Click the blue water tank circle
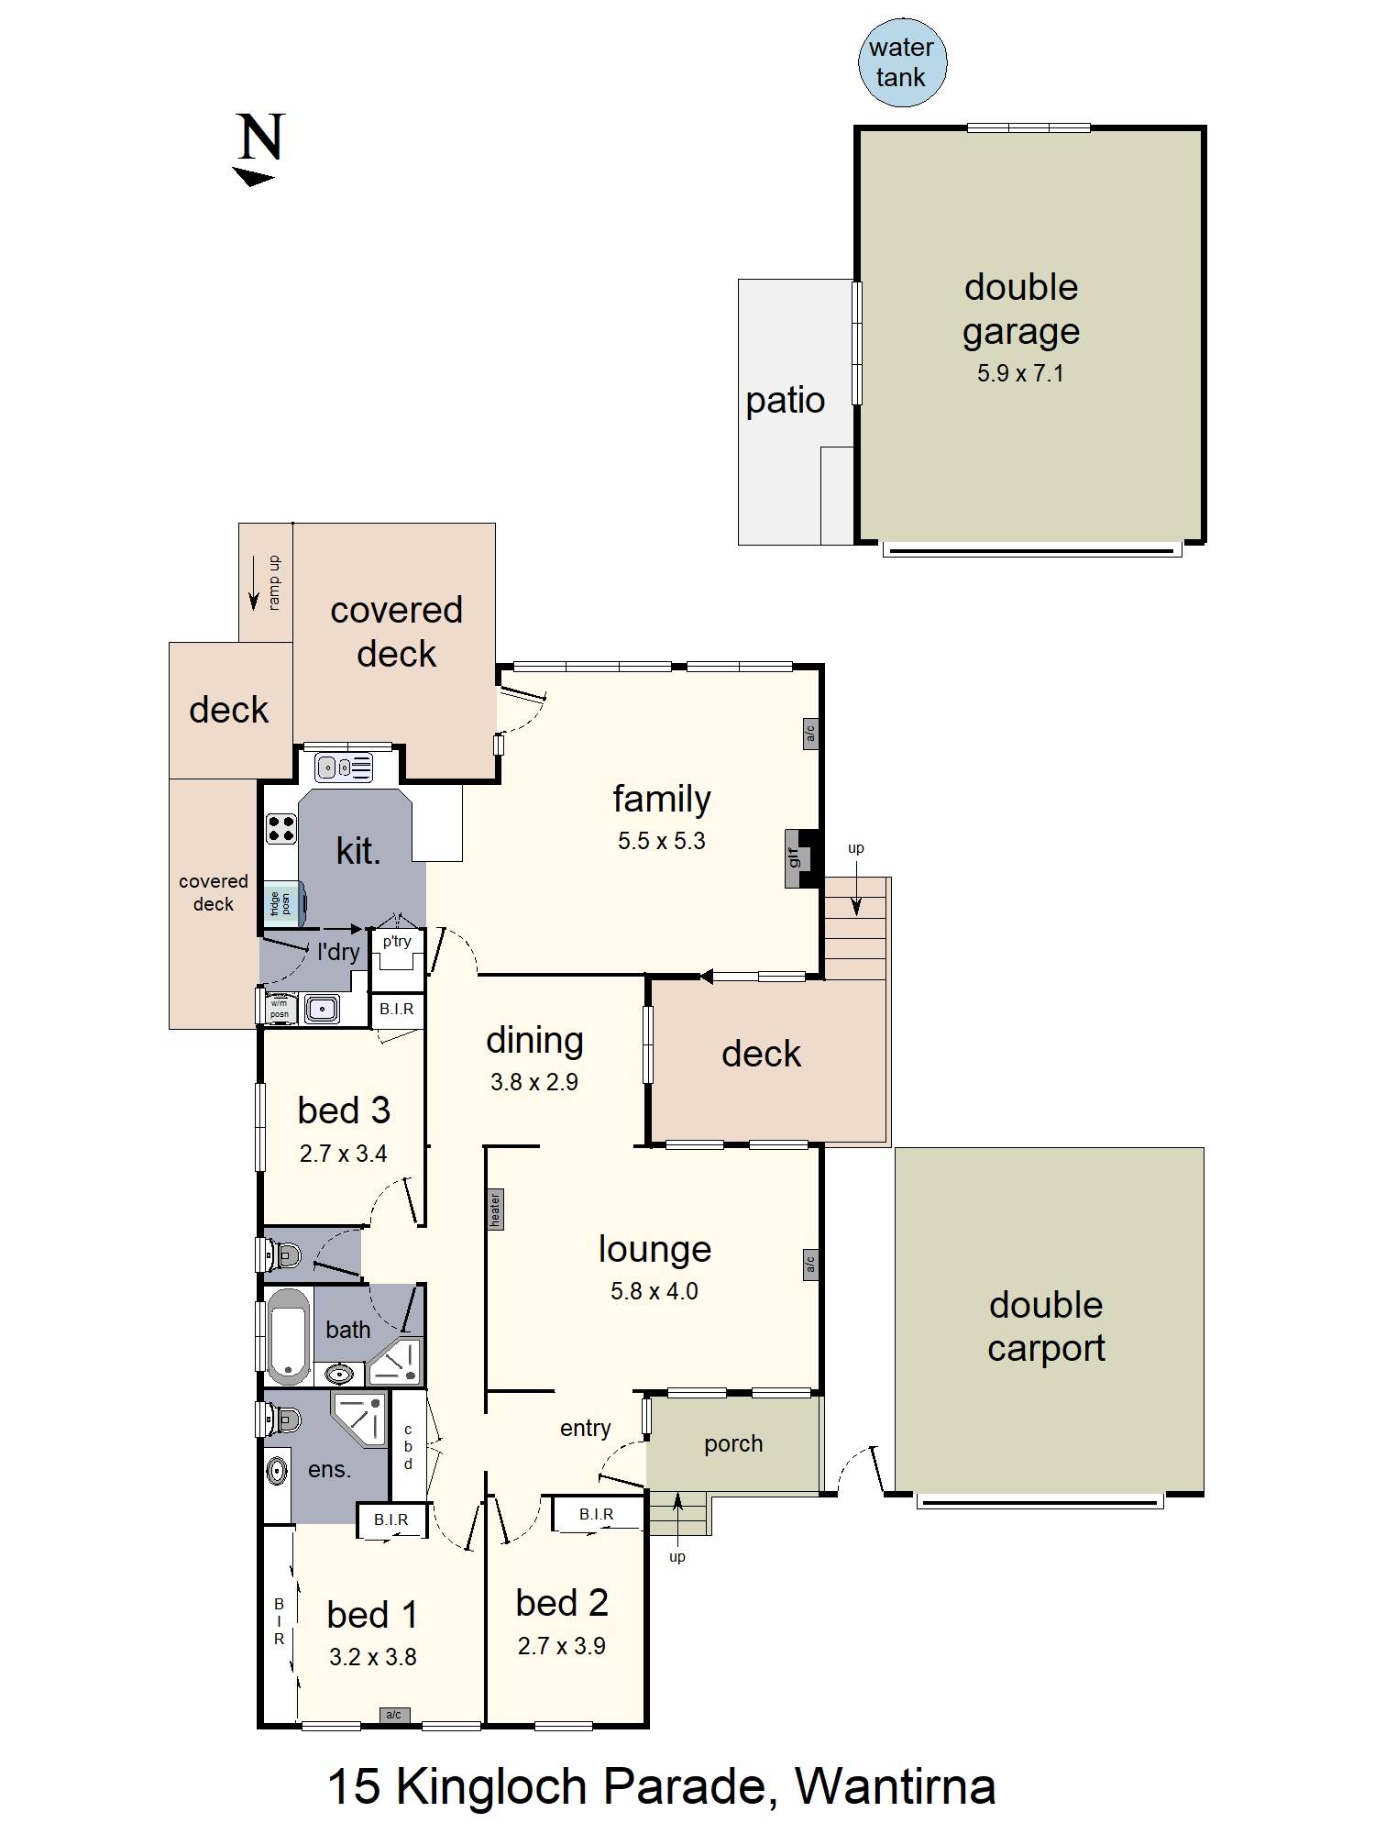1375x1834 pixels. click(902, 62)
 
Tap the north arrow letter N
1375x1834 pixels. click(260, 138)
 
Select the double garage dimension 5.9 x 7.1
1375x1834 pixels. click(1020, 373)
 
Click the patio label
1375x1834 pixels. click(785, 401)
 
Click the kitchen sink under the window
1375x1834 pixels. click(343, 767)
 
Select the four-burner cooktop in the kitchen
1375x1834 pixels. click(281, 828)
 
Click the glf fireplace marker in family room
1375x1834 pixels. click(794, 858)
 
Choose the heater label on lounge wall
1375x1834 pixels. click(495, 1210)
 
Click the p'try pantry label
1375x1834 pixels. click(397, 941)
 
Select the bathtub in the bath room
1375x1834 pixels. click(289, 1336)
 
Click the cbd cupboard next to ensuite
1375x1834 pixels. click(408, 1446)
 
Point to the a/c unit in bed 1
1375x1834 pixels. click(393, 1715)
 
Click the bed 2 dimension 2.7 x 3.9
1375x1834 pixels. click(561, 1646)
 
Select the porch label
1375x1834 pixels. click(733, 1443)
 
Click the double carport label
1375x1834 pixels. click(1046, 1326)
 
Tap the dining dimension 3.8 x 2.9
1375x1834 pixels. click(533, 1082)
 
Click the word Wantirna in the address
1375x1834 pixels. click(895, 1786)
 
